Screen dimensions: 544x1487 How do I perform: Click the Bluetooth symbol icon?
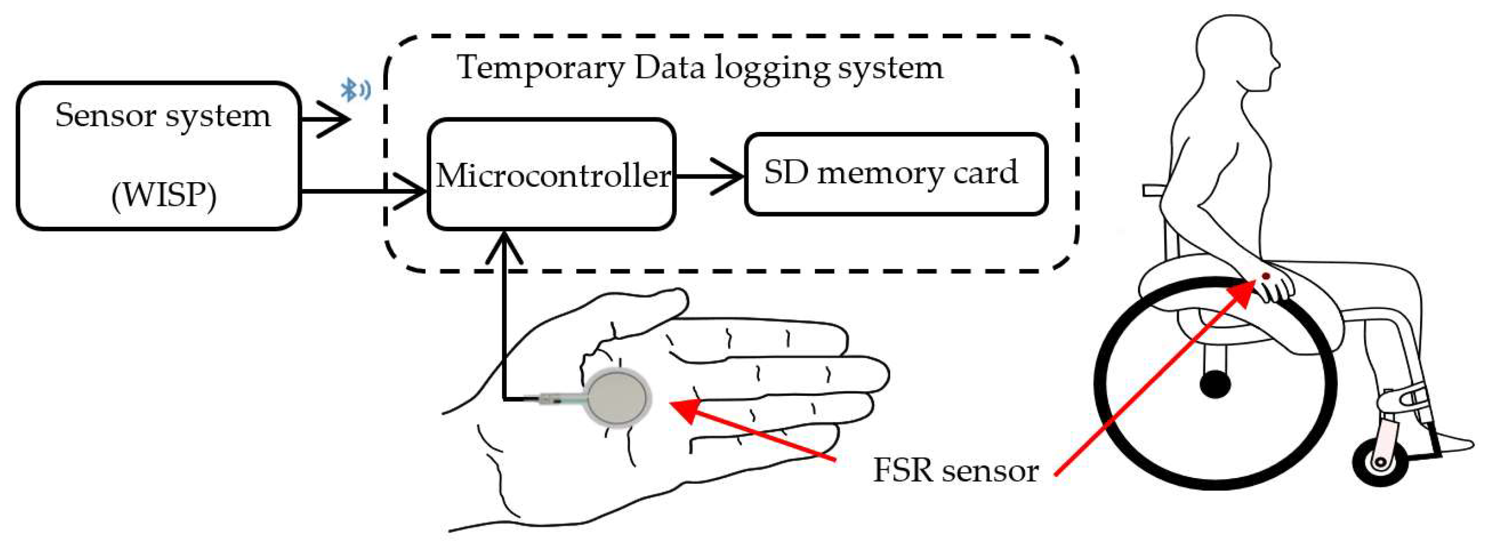(353, 90)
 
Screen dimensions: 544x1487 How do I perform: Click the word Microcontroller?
(552, 175)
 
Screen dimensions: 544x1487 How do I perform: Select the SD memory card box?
(896, 174)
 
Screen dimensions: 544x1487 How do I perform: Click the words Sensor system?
(163, 116)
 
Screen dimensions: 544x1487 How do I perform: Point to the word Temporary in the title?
(540, 68)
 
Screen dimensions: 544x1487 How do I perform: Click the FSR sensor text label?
(955, 470)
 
